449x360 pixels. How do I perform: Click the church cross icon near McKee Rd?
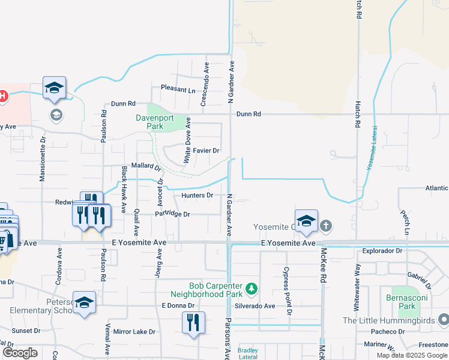pos(326,226)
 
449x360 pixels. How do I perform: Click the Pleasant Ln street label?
pos(178,90)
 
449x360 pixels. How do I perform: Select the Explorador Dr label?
pos(382,250)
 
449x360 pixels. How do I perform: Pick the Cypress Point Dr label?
pos(288,291)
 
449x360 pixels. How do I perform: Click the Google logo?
pos(20,353)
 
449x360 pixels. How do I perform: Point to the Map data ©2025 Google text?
pos(411,355)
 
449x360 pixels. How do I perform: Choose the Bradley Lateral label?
pos(247,353)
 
